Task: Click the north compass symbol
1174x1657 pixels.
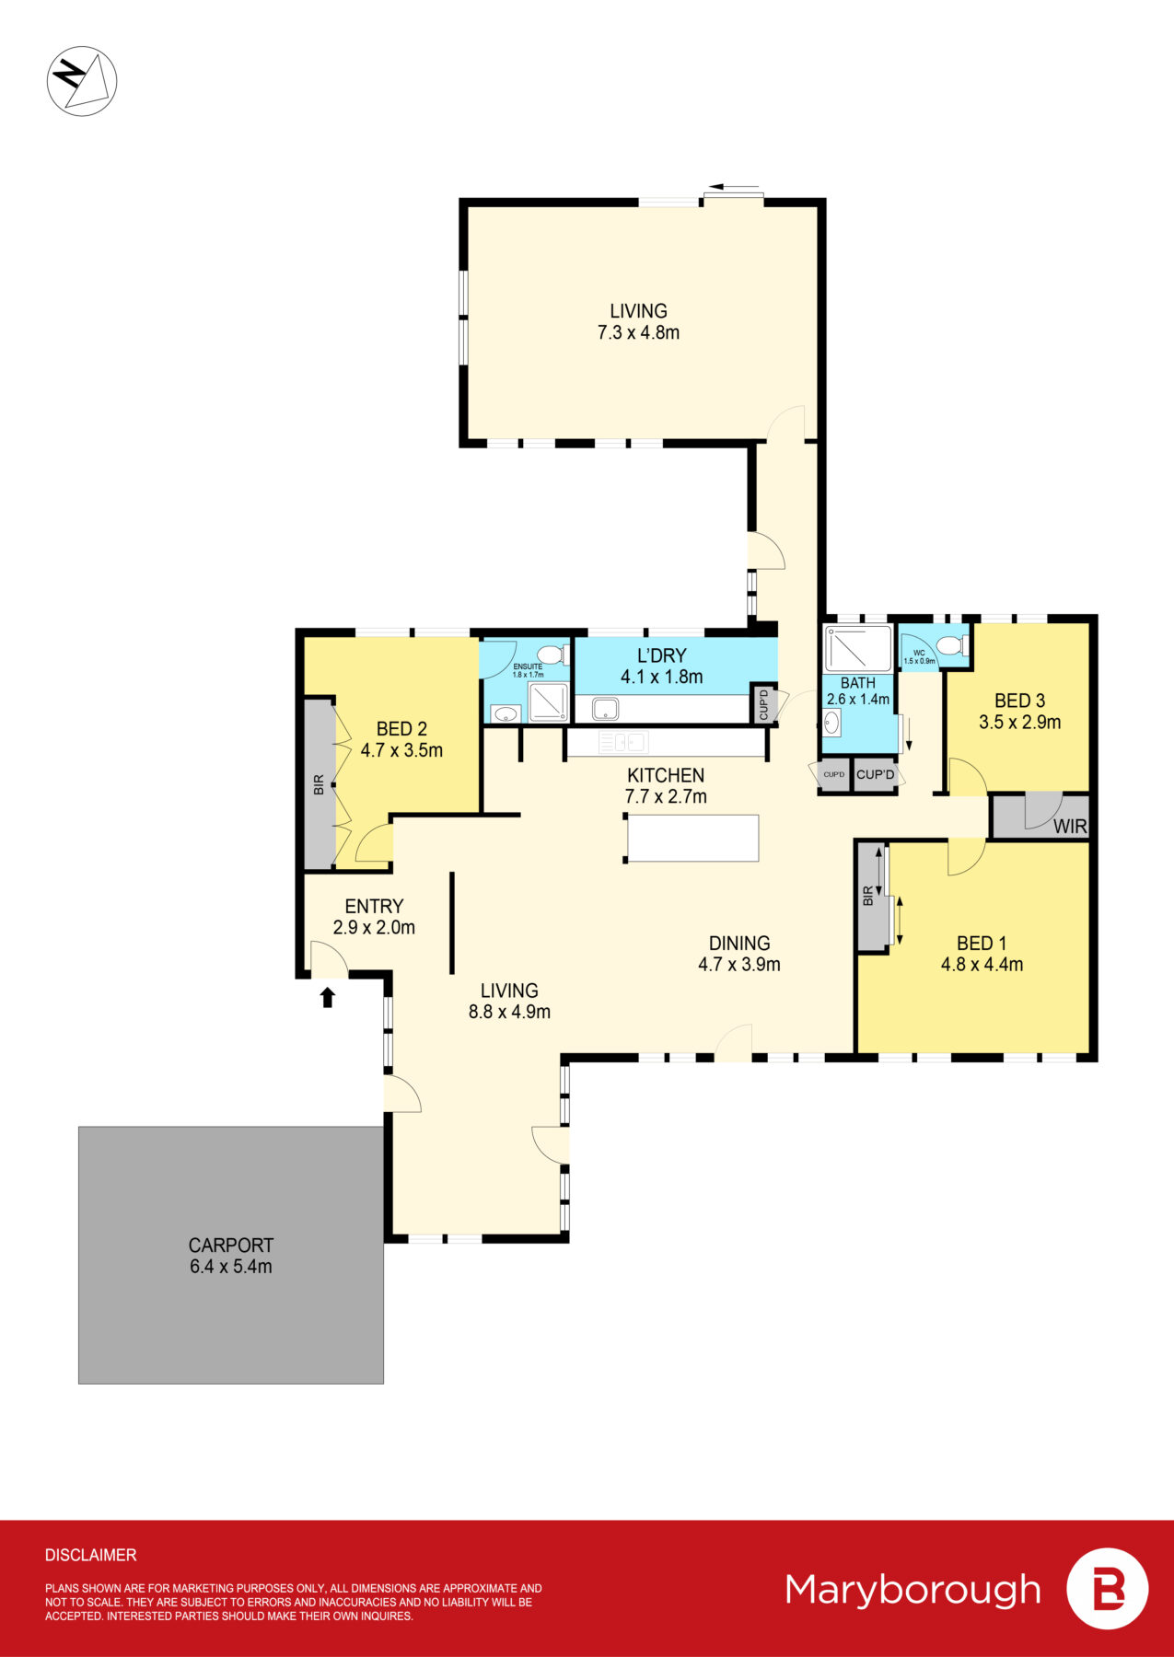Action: point(82,80)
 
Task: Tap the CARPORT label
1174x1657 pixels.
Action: point(231,1245)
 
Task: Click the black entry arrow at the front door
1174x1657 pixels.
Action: point(327,997)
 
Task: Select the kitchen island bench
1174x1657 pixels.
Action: point(692,838)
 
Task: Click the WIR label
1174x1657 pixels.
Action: point(1069,826)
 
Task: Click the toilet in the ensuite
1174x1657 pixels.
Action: point(550,655)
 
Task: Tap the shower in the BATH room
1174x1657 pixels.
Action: point(857,649)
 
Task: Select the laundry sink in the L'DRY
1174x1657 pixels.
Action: point(605,708)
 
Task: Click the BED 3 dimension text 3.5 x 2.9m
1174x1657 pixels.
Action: point(1019,723)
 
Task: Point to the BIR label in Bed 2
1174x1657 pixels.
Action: point(319,785)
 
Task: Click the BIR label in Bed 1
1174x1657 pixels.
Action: point(868,896)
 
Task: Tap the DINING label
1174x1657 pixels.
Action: point(739,943)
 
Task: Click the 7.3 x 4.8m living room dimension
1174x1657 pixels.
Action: point(638,333)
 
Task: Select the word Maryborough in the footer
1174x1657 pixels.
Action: point(912,1590)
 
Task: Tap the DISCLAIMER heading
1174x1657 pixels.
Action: point(90,1555)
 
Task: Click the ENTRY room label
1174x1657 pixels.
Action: point(374,906)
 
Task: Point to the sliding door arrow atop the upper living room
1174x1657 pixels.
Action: point(734,188)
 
